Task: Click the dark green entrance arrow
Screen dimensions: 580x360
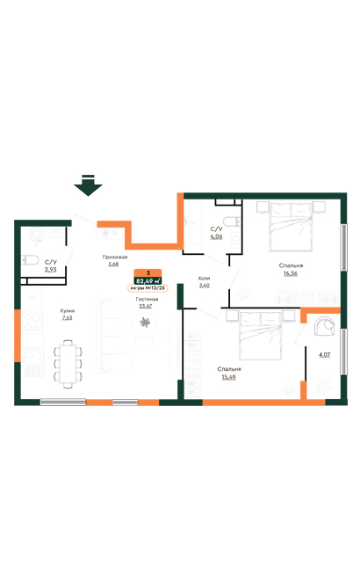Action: pyautogui.click(x=88, y=185)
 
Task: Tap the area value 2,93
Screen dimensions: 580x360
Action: pyautogui.click(x=50, y=269)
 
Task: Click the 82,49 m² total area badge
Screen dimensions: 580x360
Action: pyautogui.click(x=148, y=280)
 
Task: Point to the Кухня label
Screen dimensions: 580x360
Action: pyautogui.click(x=67, y=310)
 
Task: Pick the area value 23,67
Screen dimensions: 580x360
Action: pyautogui.click(x=145, y=306)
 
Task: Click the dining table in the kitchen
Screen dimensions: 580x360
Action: pyautogui.click(x=67, y=363)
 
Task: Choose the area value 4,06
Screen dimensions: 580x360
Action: pyautogui.click(x=216, y=236)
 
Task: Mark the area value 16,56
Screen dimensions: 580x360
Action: pyautogui.click(x=292, y=272)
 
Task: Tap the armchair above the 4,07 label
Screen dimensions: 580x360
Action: pyautogui.click(x=323, y=327)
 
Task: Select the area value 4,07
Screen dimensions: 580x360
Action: pyautogui.click(x=324, y=355)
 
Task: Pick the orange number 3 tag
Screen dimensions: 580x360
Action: pyautogui.click(x=148, y=272)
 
